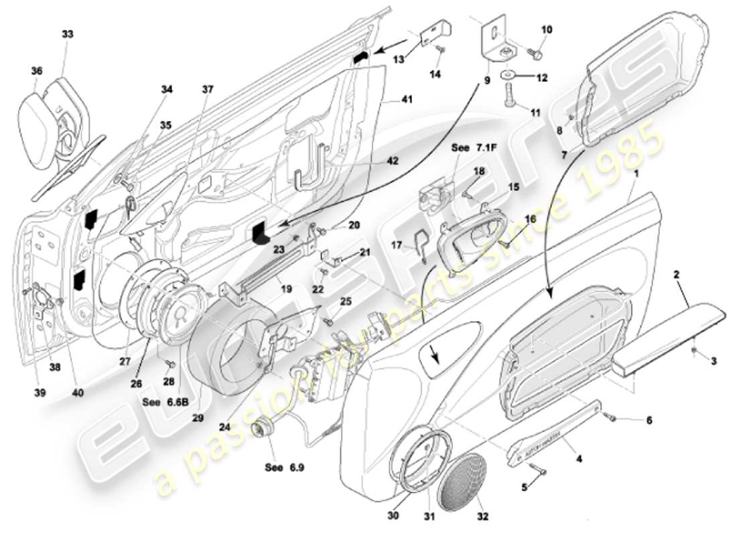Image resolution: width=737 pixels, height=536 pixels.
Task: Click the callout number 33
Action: pos(68,33)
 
